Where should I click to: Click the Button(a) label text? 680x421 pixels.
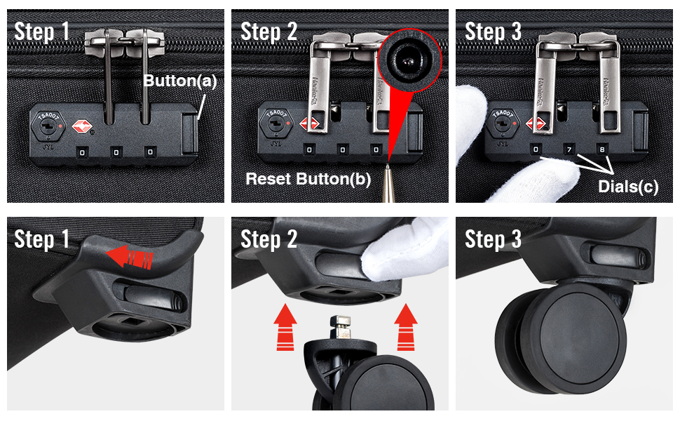click(x=179, y=81)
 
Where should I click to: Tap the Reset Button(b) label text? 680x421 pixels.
click(x=308, y=179)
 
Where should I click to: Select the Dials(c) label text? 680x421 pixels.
click(x=628, y=186)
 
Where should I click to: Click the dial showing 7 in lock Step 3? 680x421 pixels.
click(x=569, y=149)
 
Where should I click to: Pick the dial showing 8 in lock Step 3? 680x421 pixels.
click(x=602, y=149)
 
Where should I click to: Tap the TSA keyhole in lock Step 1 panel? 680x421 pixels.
click(x=47, y=126)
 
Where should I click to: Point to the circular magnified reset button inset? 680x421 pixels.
click(x=409, y=60)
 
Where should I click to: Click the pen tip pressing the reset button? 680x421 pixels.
click(x=387, y=167)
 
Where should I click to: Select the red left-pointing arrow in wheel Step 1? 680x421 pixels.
click(x=129, y=257)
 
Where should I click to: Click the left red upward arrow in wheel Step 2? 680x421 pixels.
click(x=285, y=327)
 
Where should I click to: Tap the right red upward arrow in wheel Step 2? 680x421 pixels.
click(x=406, y=327)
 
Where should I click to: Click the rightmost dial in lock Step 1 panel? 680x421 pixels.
click(x=150, y=152)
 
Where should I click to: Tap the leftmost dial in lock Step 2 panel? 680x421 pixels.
click(x=309, y=149)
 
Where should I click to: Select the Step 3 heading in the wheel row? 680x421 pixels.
click(x=493, y=239)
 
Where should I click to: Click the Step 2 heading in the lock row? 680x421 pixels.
click(x=269, y=32)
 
